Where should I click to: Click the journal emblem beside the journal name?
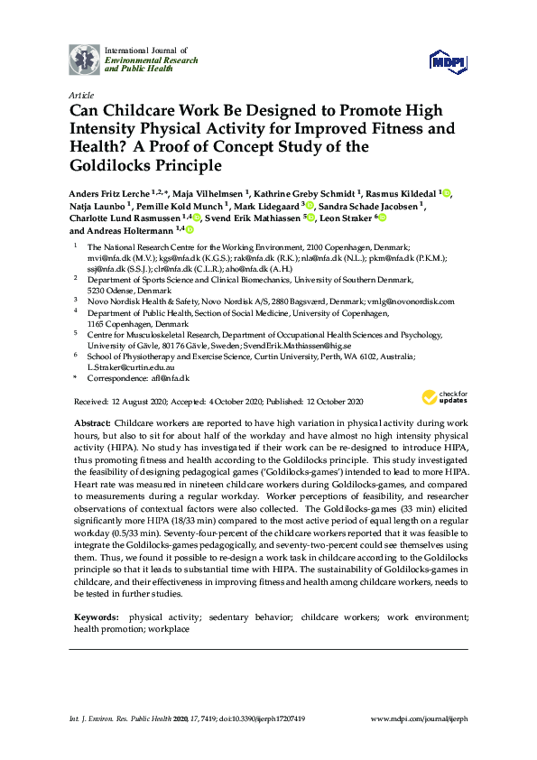85,59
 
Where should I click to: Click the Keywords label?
97,617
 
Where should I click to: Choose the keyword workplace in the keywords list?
165,628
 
